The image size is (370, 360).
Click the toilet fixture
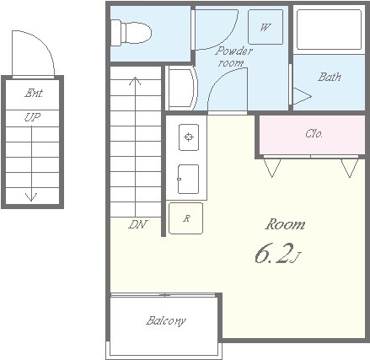click(x=131, y=33)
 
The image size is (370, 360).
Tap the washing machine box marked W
click(x=265, y=27)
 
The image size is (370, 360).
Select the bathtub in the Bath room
click(x=329, y=30)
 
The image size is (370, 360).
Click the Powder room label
click(x=233, y=57)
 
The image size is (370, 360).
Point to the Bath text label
click(x=330, y=77)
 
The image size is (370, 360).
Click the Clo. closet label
click(x=314, y=133)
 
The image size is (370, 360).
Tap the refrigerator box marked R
click(x=185, y=218)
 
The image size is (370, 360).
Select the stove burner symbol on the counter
click(x=189, y=137)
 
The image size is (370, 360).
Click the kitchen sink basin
click(x=188, y=180)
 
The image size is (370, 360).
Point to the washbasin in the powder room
click(x=182, y=88)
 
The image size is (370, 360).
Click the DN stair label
click(x=137, y=224)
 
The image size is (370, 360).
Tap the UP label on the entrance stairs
click(x=32, y=117)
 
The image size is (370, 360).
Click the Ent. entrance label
click(x=34, y=93)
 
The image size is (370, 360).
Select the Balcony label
click(x=166, y=320)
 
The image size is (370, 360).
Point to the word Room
click(x=285, y=224)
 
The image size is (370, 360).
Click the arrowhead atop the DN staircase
click(x=136, y=81)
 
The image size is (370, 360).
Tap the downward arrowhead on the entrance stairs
click(x=31, y=197)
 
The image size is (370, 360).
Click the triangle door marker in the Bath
click(x=303, y=96)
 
